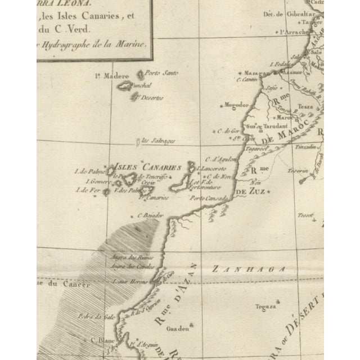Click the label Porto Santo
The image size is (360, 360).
tap(158, 73)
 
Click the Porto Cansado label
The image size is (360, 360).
tap(208, 199)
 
